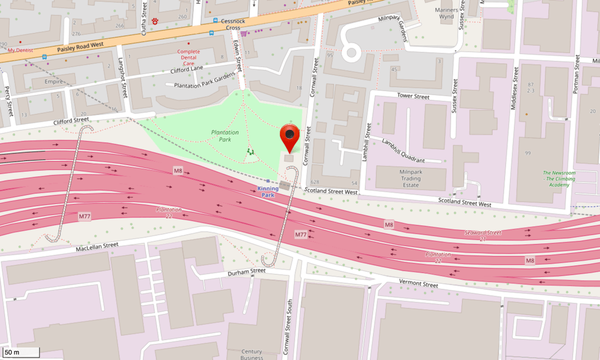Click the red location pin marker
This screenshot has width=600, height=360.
pyautogui.click(x=289, y=136)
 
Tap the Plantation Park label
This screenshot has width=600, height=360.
pyautogui.click(x=225, y=136)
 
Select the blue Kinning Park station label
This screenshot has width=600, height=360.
pyautogui.click(x=268, y=192)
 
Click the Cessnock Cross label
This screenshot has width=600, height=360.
pyautogui.click(x=229, y=24)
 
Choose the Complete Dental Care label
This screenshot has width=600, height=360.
pyautogui.click(x=188, y=57)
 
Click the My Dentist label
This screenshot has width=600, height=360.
pyautogui.click(x=20, y=50)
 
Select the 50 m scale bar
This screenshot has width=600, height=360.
pyautogui.click(x=21, y=352)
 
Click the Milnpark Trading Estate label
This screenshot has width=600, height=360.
pyautogui.click(x=411, y=178)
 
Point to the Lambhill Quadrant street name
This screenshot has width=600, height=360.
pyautogui.click(x=403, y=151)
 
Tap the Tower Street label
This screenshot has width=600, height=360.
pyautogui.click(x=413, y=96)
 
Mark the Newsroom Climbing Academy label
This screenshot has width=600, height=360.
pyautogui.click(x=559, y=179)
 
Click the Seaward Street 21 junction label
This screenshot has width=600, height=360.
pyautogui.click(x=483, y=235)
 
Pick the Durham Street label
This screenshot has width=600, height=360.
pyautogui.click(x=247, y=272)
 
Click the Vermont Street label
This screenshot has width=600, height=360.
pyautogui.click(x=418, y=284)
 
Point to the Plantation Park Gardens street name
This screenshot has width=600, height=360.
pyautogui.click(x=204, y=81)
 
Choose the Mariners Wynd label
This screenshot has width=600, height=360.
pyautogui.click(x=447, y=13)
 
